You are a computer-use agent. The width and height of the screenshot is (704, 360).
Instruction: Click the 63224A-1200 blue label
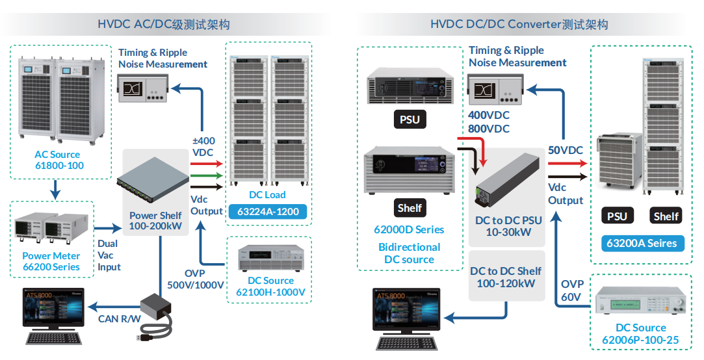(x=268, y=211)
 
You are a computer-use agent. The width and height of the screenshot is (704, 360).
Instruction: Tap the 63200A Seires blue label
(x=641, y=244)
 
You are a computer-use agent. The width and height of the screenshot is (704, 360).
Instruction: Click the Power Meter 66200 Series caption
(x=51, y=261)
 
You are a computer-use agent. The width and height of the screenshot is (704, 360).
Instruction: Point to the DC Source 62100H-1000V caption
(x=270, y=287)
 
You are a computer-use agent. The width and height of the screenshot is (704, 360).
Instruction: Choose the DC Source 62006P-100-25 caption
(x=640, y=334)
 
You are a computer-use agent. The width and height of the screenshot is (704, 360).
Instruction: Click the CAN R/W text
(x=117, y=318)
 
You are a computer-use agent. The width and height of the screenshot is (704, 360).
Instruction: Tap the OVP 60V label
(x=573, y=290)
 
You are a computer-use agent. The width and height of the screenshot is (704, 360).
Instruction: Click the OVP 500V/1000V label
(x=195, y=279)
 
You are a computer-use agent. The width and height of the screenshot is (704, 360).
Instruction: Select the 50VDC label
(x=565, y=151)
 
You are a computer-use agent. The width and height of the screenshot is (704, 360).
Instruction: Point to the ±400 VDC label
(x=203, y=146)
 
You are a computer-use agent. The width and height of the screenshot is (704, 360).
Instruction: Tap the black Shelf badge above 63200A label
(x=666, y=216)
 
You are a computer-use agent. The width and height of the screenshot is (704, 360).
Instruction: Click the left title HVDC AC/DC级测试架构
(x=163, y=25)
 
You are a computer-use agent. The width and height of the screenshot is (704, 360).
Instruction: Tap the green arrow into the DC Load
(x=207, y=175)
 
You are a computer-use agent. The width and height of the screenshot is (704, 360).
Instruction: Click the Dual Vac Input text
(x=109, y=255)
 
